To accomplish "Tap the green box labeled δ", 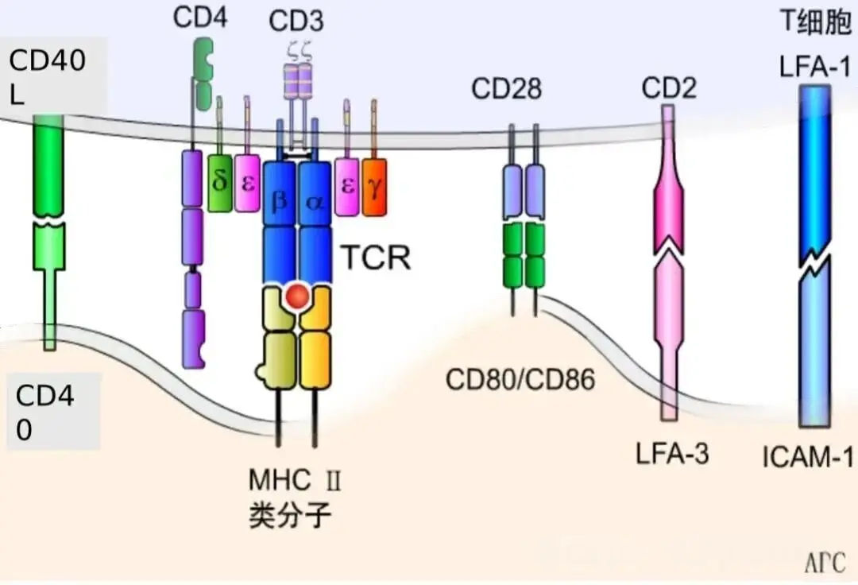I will tap(219, 183).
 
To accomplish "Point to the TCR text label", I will tap(376, 258).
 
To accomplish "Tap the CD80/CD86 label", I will tap(520, 380).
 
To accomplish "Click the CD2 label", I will tap(669, 88).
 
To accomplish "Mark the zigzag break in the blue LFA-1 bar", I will tap(815, 265).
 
